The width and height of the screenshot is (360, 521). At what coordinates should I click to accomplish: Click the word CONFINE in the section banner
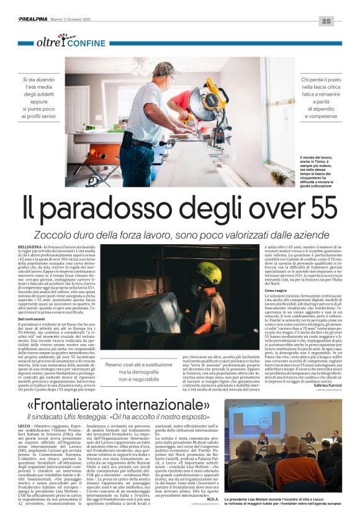tap(86, 43)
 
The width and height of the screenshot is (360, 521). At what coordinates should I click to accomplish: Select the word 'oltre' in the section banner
tap(48, 43)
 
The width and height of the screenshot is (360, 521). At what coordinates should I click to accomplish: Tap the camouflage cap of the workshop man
tap(165, 68)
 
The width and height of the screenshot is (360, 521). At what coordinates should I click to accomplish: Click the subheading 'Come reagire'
tap(276, 290)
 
